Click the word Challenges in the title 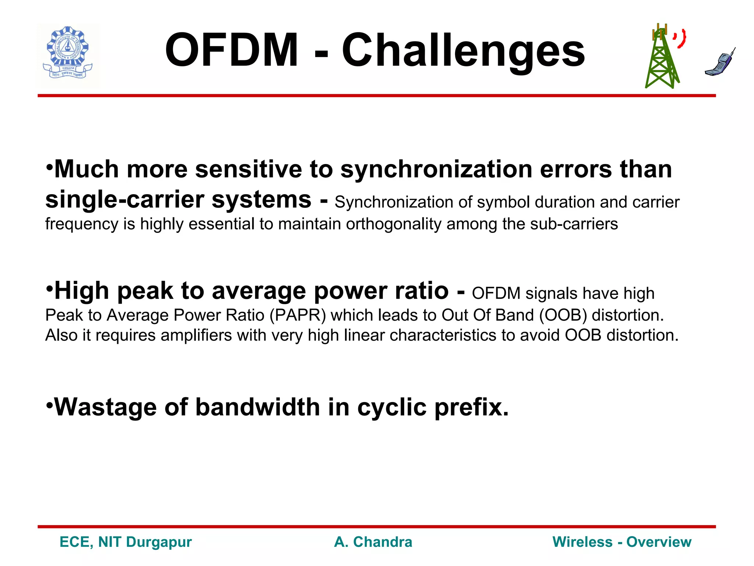(x=463, y=52)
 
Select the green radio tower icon (x=662, y=59)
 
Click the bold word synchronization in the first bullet (x=436, y=170)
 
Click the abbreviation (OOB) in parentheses (x=563, y=315)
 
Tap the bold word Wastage (x=105, y=407)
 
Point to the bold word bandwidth (x=258, y=407)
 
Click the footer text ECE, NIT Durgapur (x=126, y=542)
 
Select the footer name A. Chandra (x=373, y=542)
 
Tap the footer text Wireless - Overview (x=622, y=542)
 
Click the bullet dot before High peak (x=50, y=287)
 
